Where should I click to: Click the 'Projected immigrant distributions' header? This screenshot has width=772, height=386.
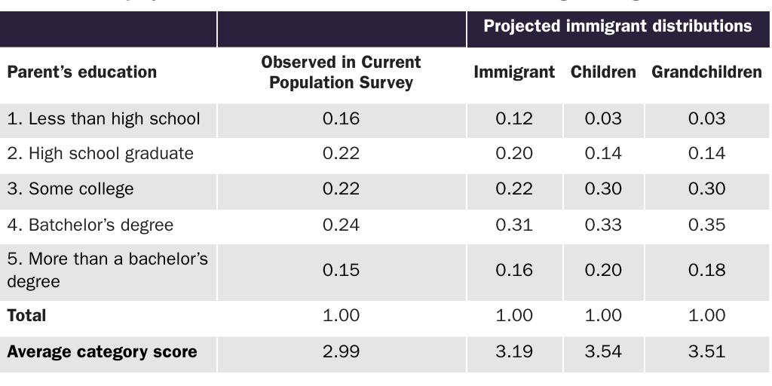click(x=617, y=26)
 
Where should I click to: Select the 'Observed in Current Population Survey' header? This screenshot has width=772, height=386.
click(x=341, y=72)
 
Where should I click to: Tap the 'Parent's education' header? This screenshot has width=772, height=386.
click(x=82, y=72)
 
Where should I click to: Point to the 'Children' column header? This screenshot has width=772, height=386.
click(x=603, y=72)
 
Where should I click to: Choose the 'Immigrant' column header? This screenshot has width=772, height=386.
click(x=514, y=72)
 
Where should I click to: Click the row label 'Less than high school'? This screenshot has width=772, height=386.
click(x=103, y=118)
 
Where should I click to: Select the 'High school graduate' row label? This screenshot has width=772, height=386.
click(x=100, y=154)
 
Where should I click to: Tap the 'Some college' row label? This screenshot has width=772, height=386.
click(x=70, y=189)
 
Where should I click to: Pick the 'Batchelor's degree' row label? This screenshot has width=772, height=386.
click(x=90, y=225)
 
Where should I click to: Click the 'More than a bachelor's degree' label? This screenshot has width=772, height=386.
click(x=106, y=271)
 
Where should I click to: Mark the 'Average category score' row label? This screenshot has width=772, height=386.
click(x=102, y=352)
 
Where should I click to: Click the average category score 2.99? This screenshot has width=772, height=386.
click(x=341, y=352)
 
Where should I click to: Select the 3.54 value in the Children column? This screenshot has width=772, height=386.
click(x=603, y=352)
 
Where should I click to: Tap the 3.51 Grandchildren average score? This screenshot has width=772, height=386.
click(x=706, y=352)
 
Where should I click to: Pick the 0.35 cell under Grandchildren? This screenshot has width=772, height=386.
click(x=706, y=225)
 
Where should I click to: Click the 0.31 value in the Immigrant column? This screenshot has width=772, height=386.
click(x=514, y=225)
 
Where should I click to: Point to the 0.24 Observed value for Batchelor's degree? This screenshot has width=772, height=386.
click(x=341, y=225)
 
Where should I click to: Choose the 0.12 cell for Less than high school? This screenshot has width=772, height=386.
click(x=514, y=118)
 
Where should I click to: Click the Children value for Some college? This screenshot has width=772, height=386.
click(x=603, y=189)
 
